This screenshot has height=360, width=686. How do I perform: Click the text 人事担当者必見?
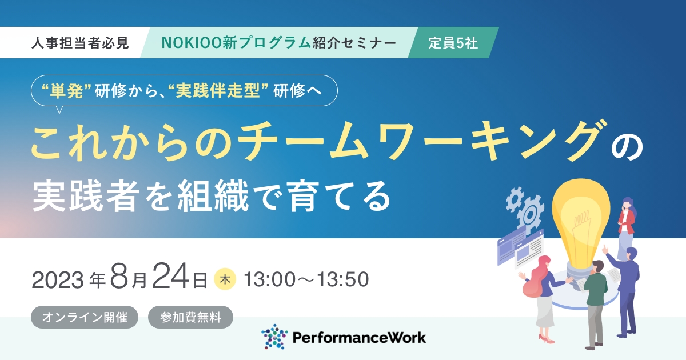click(x=80, y=43)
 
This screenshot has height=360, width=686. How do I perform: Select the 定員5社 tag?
click(x=453, y=43)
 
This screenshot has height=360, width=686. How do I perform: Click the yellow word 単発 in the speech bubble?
click(x=66, y=91)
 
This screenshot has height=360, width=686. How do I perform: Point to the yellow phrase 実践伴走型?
click(x=218, y=91)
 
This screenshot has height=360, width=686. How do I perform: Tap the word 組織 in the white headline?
click(x=213, y=195)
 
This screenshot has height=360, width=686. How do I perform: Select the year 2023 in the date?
click(x=58, y=280)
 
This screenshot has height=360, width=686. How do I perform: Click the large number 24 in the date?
click(x=170, y=276)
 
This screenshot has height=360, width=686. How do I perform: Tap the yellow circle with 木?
click(x=225, y=279)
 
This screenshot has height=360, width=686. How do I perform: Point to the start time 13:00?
click(x=270, y=279)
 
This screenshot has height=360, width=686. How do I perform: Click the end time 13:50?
click(x=342, y=279)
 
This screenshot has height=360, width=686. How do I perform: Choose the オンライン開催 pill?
click(x=85, y=317)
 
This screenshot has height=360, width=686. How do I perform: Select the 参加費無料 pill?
click(x=190, y=317)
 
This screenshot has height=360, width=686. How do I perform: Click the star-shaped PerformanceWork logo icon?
click(x=274, y=337)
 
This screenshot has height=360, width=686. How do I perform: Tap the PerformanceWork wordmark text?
click(x=359, y=338)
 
